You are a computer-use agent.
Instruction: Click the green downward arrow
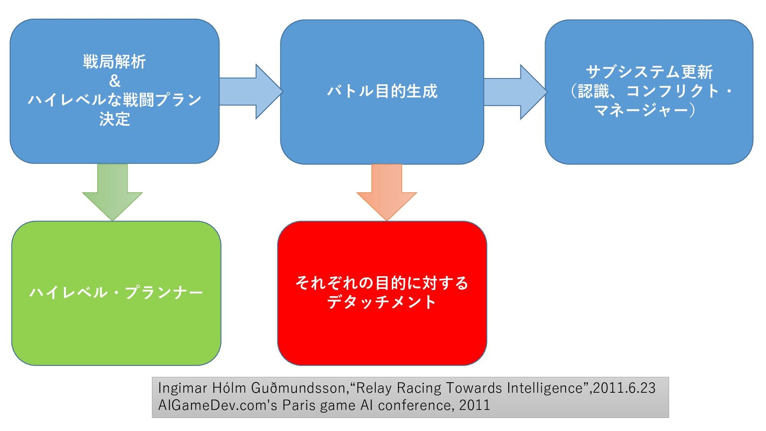(x=113, y=192)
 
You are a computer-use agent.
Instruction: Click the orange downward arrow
(x=387, y=192)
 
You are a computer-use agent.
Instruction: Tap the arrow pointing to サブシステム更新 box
(x=515, y=92)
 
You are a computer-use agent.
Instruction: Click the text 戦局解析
(x=115, y=62)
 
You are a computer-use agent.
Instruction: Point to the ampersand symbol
(x=115, y=81)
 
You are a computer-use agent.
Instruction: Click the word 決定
(x=115, y=119)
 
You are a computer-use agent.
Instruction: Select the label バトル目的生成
(x=382, y=91)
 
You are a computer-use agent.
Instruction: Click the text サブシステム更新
(x=649, y=72)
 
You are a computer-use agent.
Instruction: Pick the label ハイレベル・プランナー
(x=116, y=293)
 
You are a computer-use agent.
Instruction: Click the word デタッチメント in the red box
(x=382, y=302)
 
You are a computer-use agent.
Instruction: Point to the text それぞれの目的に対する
(x=382, y=283)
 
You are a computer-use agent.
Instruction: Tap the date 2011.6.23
(x=624, y=388)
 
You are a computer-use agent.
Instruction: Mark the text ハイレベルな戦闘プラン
(x=115, y=100)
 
